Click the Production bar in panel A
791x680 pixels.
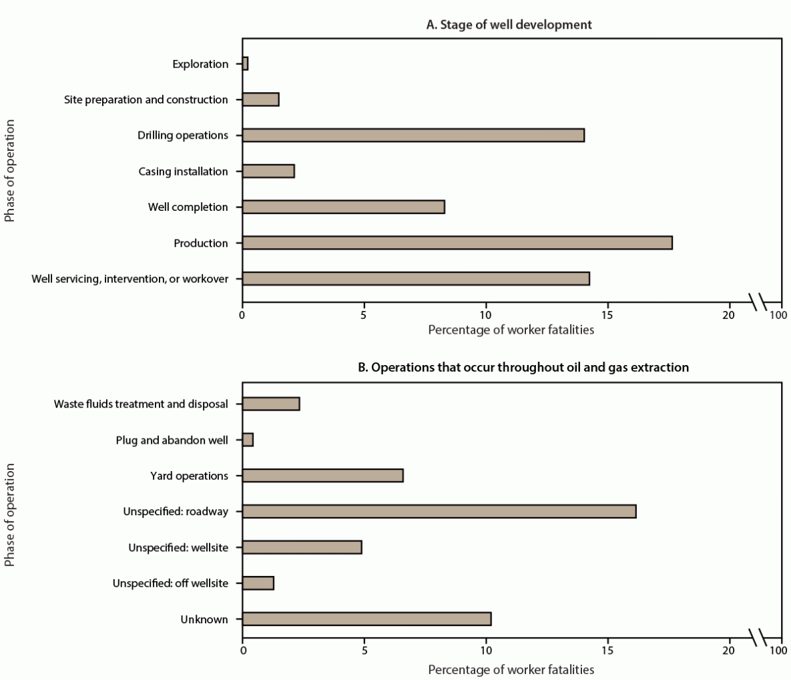click(457, 243)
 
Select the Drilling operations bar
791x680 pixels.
click(413, 135)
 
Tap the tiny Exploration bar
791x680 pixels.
click(245, 64)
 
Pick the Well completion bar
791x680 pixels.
click(343, 207)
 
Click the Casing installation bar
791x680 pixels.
click(268, 172)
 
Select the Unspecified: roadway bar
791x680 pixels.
click(439, 512)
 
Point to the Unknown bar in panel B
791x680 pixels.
click(366, 619)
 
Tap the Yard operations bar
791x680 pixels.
click(322, 476)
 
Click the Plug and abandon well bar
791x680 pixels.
click(248, 440)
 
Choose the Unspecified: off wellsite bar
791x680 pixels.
click(258, 583)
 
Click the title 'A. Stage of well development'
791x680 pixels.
click(509, 25)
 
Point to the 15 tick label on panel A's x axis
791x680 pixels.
click(607, 314)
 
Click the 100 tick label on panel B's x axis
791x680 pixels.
click(778, 655)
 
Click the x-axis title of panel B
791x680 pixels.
click(511, 669)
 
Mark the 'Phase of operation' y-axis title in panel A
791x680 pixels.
click(9, 171)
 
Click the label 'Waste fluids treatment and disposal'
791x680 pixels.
click(141, 404)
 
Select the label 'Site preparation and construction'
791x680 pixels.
click(146, 100)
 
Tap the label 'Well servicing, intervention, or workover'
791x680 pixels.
click(129, 279)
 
